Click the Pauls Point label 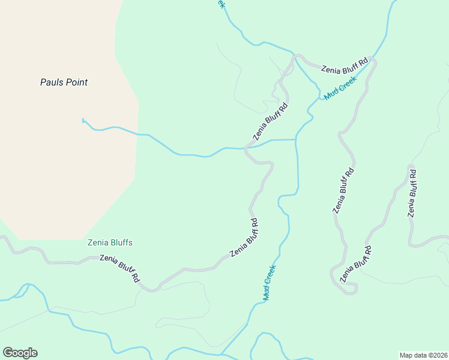[64, 82]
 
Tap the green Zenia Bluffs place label [110, 243]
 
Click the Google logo [20, 353]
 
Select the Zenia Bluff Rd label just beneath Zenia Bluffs [119, 269]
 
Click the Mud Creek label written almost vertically [269, 283]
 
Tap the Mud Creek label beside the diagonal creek [340, 88]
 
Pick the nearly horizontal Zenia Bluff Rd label [344, 66]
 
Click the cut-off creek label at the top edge [220, 4]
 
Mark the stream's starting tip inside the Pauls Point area [83, 119]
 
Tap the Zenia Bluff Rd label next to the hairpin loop [356, 264]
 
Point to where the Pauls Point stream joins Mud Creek [296, 139]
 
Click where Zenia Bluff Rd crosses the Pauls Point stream [246, 148]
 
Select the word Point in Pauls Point [76, 82]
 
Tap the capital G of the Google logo [8, 353]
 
